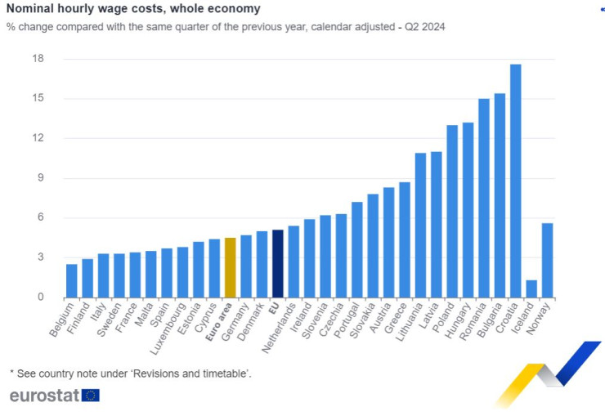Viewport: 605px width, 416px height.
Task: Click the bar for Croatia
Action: click(515, 181)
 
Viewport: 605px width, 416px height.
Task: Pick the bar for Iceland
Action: click(531, 289)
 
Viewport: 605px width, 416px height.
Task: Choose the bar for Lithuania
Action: click(420, 225)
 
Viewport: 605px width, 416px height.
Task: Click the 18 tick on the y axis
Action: click(38, 59)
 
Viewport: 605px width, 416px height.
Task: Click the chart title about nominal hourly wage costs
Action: click(133, 9)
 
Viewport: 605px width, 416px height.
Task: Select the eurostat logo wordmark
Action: click(44, 396)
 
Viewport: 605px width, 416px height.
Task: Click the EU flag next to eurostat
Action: click(91, 396)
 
